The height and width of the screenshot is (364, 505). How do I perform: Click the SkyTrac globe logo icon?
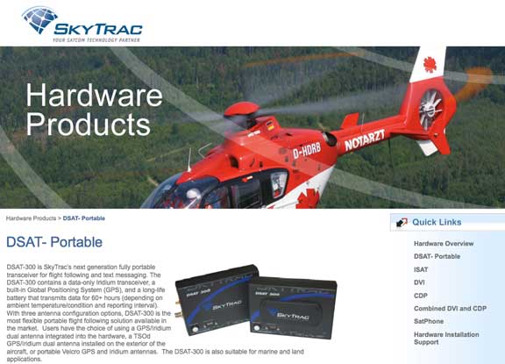click(x=40, y=19)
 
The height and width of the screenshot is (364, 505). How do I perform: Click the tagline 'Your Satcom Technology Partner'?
click(x=96, y=40)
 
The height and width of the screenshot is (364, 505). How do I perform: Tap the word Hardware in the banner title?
click(x=94, y=95)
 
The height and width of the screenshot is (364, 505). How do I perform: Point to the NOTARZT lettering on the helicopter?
click(x=365, y=140)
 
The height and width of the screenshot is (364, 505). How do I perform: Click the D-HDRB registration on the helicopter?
click(x=307, y=151)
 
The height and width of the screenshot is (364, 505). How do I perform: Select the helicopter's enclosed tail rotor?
click(x=430, y=108)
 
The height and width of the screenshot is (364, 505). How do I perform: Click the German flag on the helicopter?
click(x=271, y=125)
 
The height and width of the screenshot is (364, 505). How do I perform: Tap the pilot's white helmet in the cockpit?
click(x=193, y=194)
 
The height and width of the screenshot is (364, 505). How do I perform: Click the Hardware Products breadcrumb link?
click(x=31, y=218)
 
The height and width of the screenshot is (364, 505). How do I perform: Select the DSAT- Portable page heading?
click(x=54, y=242)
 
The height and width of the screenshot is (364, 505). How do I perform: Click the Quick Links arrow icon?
click(x=402, y=222)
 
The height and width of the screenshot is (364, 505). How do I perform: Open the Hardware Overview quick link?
click(x=444, y=244)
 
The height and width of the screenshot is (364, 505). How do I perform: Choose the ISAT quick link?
click(x=421, y=269)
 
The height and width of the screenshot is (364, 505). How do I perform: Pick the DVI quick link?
click(x=419, y=282)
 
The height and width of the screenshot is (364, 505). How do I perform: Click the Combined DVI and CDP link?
click(x=450, y=308)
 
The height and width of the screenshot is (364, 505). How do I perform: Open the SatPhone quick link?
click(x=429, y=321)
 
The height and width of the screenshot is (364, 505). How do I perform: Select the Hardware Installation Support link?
click(x=446, y=339)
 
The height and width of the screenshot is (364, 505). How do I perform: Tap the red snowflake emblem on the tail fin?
click(x=430, y=64)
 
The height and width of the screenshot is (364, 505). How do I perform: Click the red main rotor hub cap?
click(x=242, y=110)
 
